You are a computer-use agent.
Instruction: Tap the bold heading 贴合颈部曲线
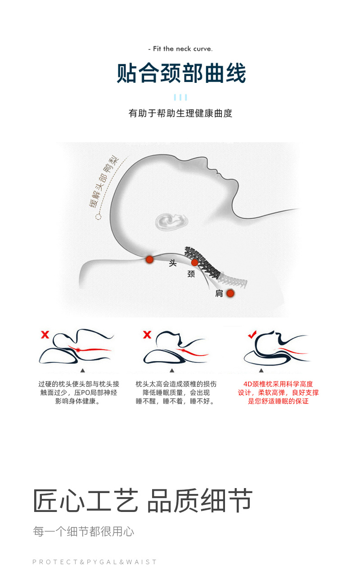[181, 73]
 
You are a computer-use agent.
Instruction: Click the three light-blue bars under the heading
[180, 97]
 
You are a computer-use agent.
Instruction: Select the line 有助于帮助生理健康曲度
[180, 113]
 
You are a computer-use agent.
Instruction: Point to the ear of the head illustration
[171, 222]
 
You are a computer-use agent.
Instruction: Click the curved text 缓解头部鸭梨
[103, 182]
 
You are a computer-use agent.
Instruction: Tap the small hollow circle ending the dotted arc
[99, 217]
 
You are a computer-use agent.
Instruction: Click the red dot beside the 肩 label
[230, 293]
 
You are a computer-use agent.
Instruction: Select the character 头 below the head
[173, 263]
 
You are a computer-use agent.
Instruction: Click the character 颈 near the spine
[191, 274]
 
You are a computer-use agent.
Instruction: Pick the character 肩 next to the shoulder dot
[219, 294]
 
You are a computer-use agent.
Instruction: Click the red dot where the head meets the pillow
[149, 259]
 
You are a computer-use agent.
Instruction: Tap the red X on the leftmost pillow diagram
[45, 335]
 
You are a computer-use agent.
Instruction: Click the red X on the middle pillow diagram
[147, 335]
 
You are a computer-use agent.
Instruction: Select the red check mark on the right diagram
[252, 335]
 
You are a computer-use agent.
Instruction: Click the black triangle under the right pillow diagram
[261, 371]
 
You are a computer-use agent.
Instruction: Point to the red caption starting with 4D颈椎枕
[278, 393]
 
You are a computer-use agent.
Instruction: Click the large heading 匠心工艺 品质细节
[143, 501]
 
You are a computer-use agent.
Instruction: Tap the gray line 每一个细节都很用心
[83, 531]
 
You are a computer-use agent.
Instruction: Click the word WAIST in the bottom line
[141, 562]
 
